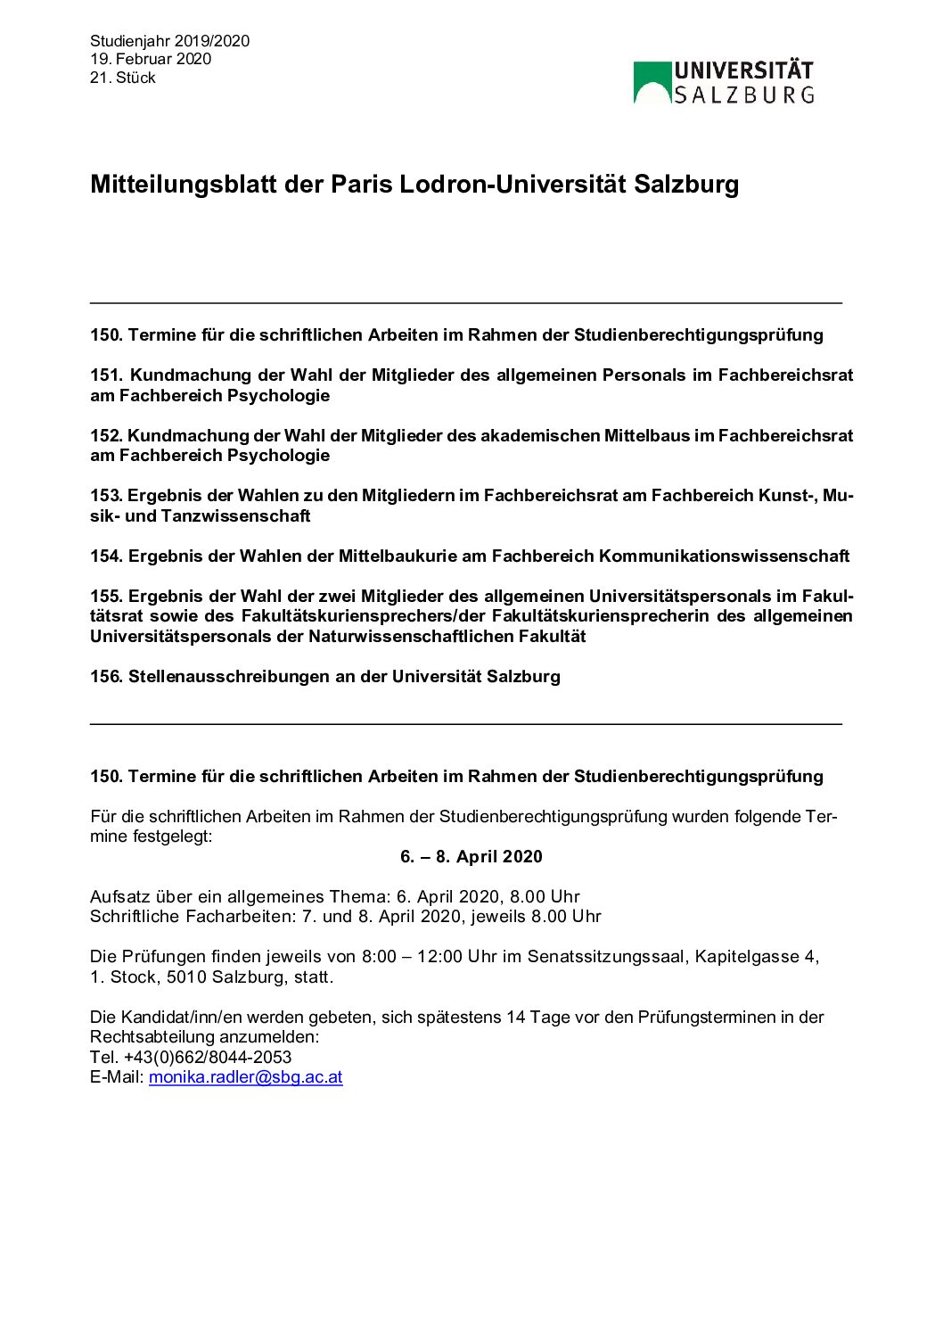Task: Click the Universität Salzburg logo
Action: pyautogui.click(x=723, y=83)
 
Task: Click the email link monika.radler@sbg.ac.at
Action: pyautogui.click(x=245, y=1077)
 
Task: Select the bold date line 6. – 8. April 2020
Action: pyautogui.click(x=471, y=857)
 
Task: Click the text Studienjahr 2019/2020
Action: pyautogui.click(x=169, y=41)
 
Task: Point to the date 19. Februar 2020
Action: pyautogui.click(x=151, y=59)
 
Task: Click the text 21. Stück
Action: pyautogui.click(x=122, y=78)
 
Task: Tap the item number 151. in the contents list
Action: pyautogui.click(x=107, y=375)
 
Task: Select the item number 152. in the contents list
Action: pyautogui.click(x=106, y=436)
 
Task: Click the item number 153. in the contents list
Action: pyautogui.click(x=106, y=496)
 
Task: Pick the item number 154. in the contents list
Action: pyautogui.click(x=106, y=556)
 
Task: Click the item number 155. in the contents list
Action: pyautogui.click(x=106, y=597)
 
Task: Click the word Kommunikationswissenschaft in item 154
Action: pyautogui.click(x=724, y=556)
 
